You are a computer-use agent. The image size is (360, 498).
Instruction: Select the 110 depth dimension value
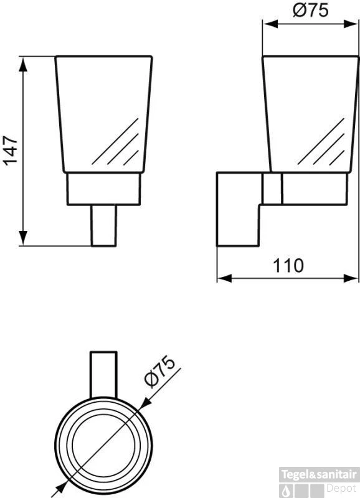pos(288,265)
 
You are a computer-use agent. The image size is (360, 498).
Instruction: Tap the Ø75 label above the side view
pos(310,11)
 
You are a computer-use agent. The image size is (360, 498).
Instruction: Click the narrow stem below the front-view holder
pos(104,225)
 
